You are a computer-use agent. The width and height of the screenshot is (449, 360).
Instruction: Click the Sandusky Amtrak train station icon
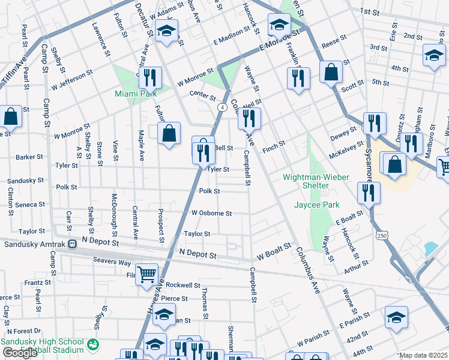[x=73, y=244]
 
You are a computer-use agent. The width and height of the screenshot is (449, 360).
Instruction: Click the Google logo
[x=20, y=353]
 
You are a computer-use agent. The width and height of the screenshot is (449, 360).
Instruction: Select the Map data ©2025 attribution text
[x=423, y=355]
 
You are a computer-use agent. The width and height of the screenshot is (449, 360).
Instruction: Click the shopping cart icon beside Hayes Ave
[x=146, y=274]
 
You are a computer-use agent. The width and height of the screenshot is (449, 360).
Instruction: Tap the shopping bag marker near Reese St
[x=331, y=72]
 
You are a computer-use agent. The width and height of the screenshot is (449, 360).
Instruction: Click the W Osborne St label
[x=211, y=213]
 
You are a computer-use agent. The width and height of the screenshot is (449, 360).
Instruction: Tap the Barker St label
[x=29, y=157]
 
